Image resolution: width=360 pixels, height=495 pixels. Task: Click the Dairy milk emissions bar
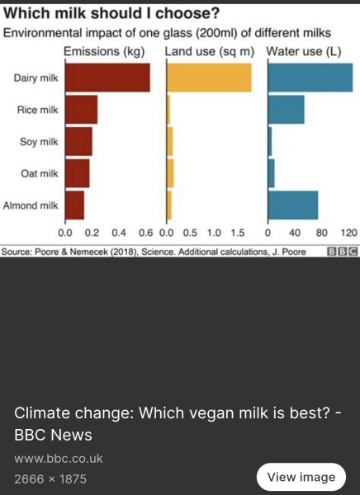coord(107,78)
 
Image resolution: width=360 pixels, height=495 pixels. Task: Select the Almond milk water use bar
coord(293,205)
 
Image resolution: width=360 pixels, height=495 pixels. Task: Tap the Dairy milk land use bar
coord(210,78)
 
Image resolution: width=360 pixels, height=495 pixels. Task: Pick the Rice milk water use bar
coord(286,110)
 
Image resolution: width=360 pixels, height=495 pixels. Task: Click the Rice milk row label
coord(37,110)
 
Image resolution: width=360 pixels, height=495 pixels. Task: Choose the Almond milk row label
coord(31,205)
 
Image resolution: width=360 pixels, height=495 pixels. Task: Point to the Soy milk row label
coord(39,141)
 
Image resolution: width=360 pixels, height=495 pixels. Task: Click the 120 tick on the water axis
coord(348,233)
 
